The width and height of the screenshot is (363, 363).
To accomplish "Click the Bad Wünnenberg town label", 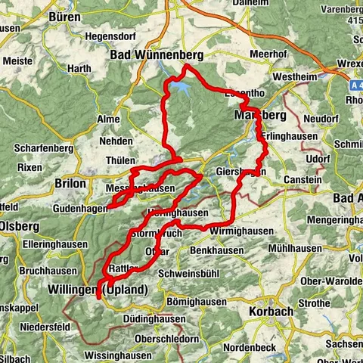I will [147, 54].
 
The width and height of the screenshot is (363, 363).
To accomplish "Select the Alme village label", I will [109, 119].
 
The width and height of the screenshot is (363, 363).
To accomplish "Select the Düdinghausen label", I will [156, 318].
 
